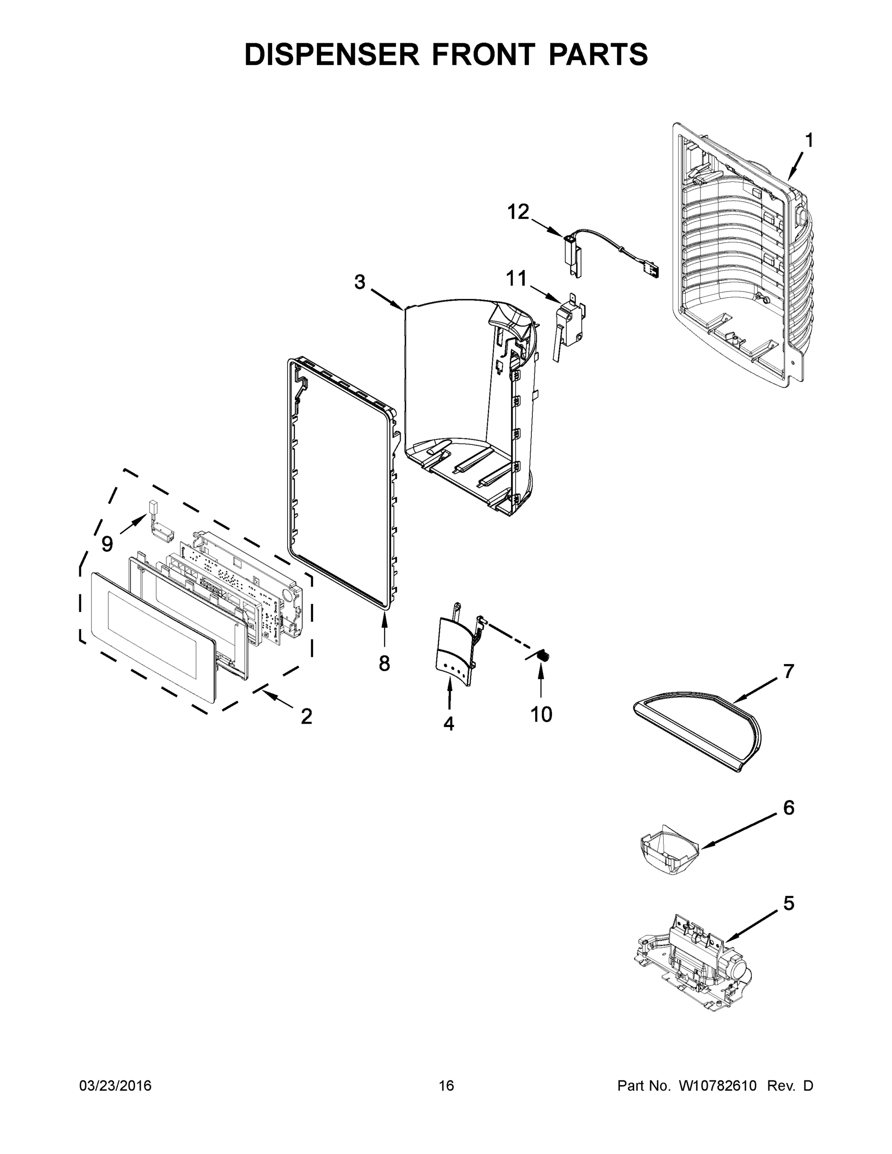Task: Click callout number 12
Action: click(518, 212)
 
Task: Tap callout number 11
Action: click(516, 278)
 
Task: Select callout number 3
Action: click(359, 282)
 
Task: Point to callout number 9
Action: click(107, 544)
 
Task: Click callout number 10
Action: click(541, 715)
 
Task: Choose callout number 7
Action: click(789, 671)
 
